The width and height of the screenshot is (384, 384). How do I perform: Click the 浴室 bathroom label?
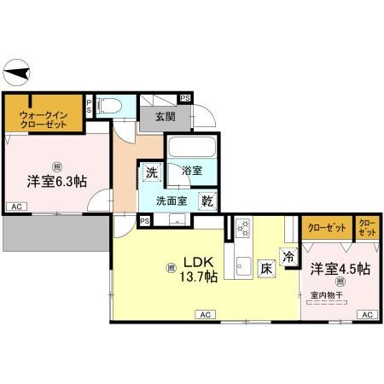point(192,171)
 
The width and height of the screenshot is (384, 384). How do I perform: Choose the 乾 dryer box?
point(207,201)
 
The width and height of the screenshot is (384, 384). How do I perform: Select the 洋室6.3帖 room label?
point(56,180)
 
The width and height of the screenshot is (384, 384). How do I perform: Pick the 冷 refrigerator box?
point(288,256)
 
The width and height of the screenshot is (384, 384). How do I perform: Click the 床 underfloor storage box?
point(266,267)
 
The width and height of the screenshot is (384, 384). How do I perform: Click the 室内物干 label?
point(326,295)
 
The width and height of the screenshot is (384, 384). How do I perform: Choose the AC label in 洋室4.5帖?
point(366,315)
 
